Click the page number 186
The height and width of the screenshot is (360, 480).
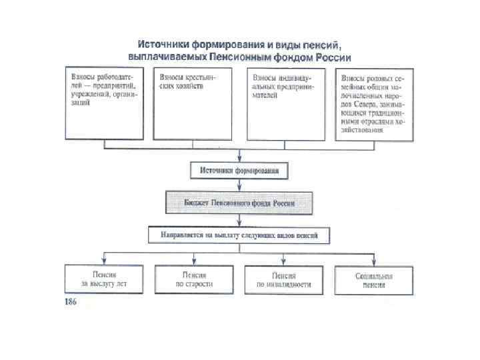(x=71, y=302)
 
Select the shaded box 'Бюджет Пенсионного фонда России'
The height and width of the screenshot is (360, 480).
(x=239, y=202)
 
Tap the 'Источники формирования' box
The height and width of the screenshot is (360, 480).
(x=239, y=171)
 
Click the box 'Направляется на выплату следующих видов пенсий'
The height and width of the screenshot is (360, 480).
(x=239, y=235)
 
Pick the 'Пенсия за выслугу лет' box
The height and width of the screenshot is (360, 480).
(x=103, y=279)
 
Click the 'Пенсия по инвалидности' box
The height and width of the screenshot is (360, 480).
(x=284, y=279)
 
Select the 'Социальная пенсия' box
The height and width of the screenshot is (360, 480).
(x=374, y=279)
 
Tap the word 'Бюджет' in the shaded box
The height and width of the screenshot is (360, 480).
(x=197, y=202)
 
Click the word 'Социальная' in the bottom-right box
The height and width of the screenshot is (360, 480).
(x=374, y=275)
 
